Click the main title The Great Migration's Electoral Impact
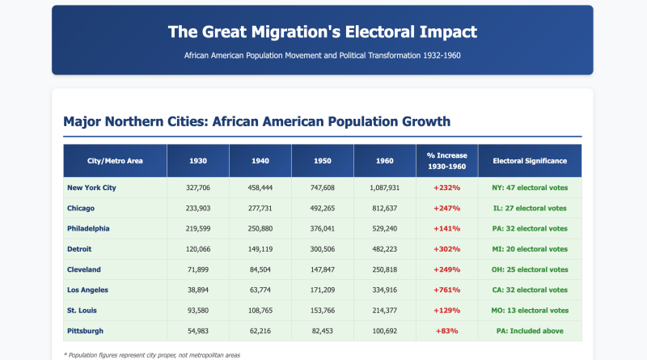tap(323, 32)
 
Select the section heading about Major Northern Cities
tap(251, 121)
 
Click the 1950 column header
tap(322, 161)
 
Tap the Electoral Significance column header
tap(530, 161)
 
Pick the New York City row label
tap(92, 188)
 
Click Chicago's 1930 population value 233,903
tap(197, 208)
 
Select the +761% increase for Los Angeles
tap(446, 290)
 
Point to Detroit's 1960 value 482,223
tap(384, 249)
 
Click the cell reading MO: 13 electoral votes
tap(530, 310)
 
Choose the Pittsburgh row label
tap(86, 330)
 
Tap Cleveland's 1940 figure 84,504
tap(260, 269)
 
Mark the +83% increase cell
tap(446, 330)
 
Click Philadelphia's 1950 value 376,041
tap(322, 228)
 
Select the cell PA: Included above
tap(530, 330)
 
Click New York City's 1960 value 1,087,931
tap(384, 188)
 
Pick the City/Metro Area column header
tap(115, 161)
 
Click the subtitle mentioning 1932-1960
tap(323, 57)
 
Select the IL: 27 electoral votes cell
tap(530, 208)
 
